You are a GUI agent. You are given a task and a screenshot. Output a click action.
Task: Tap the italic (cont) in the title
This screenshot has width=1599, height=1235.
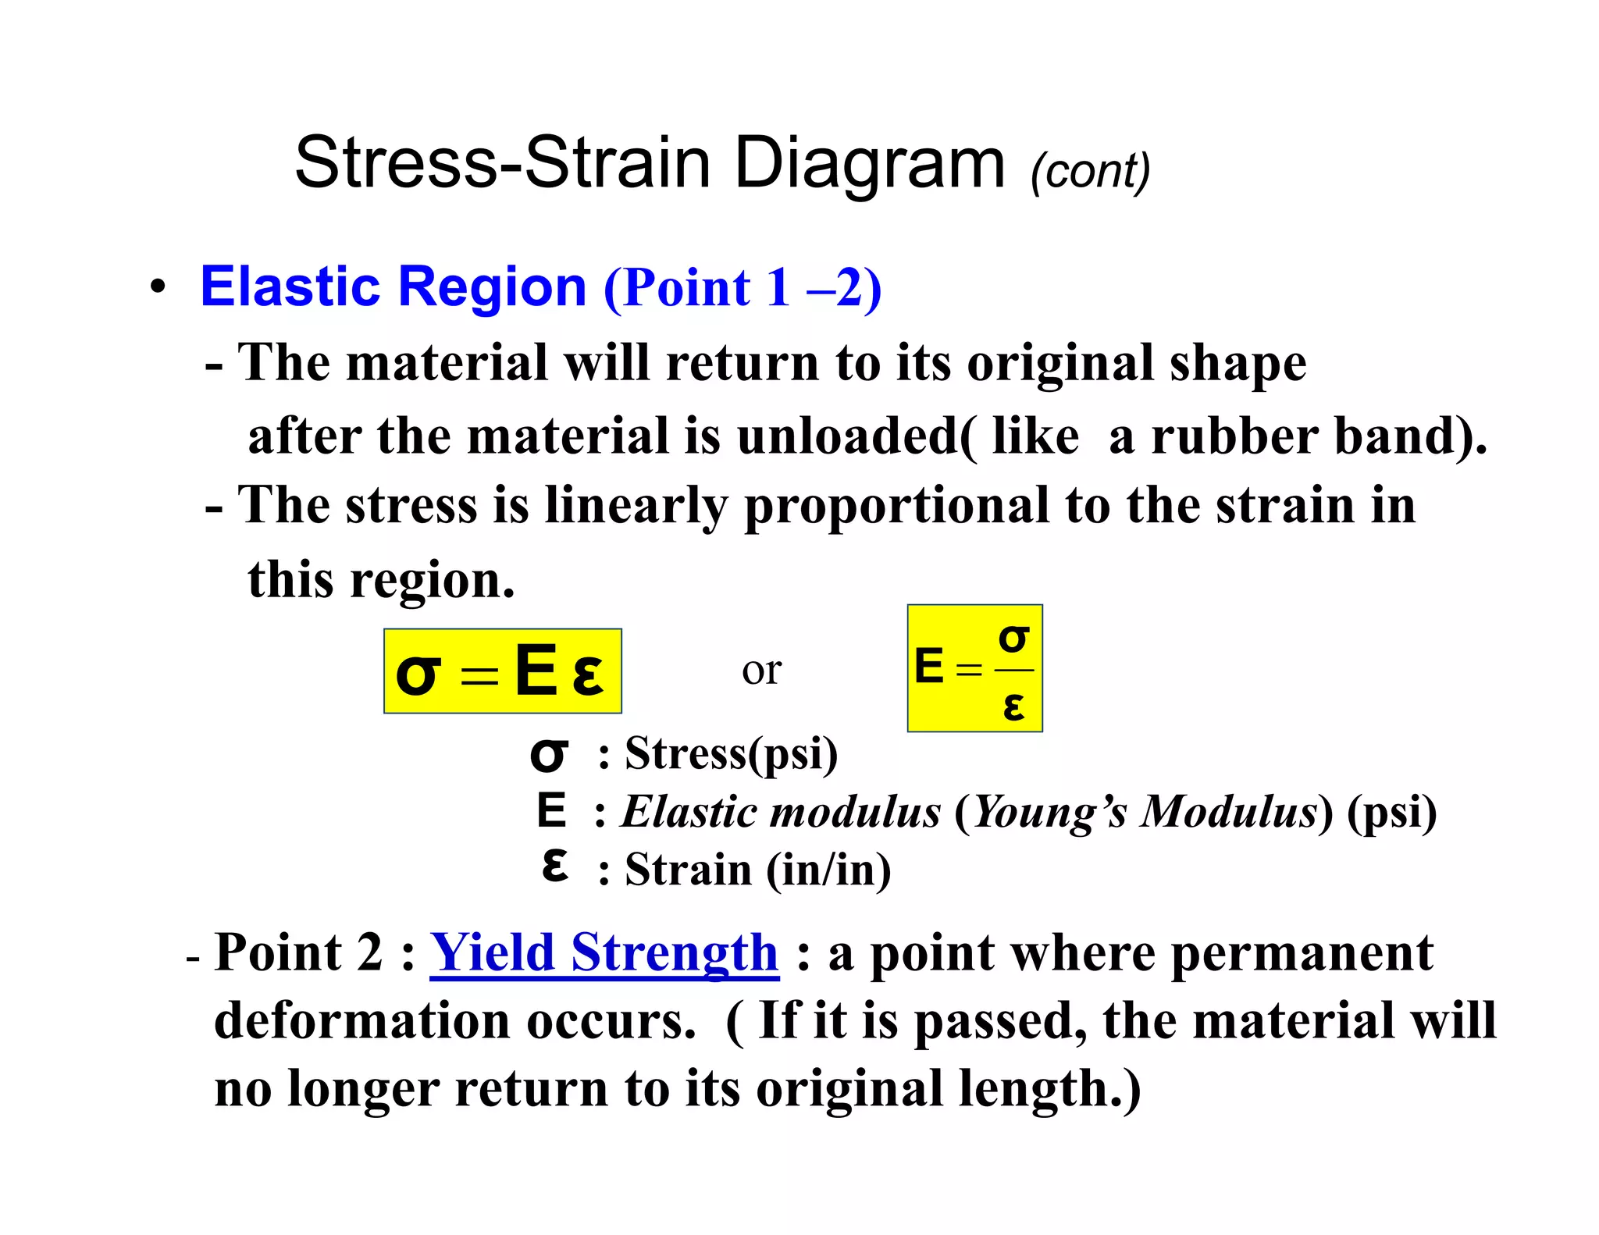click(1090, 170)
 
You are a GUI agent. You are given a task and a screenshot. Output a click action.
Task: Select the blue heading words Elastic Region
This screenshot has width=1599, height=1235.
click(393, 287)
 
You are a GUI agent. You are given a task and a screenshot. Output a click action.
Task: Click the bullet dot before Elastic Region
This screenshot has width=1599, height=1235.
click(158, 287)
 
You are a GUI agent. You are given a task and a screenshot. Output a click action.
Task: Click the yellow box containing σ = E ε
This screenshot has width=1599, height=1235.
click(502, 671)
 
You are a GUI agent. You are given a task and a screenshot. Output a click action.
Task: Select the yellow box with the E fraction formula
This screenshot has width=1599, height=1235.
click(974, 668)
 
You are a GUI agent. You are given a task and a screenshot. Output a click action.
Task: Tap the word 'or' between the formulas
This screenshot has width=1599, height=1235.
click(761, 671)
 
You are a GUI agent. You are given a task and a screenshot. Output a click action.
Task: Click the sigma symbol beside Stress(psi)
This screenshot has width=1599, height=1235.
click(549, 754)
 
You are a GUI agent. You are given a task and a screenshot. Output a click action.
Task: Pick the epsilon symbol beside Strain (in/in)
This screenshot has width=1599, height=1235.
click(554, 866)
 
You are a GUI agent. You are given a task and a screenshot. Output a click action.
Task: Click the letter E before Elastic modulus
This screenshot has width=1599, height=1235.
click(551, 810)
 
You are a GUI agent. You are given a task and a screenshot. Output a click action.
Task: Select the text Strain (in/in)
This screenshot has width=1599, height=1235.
click(757, 870)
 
